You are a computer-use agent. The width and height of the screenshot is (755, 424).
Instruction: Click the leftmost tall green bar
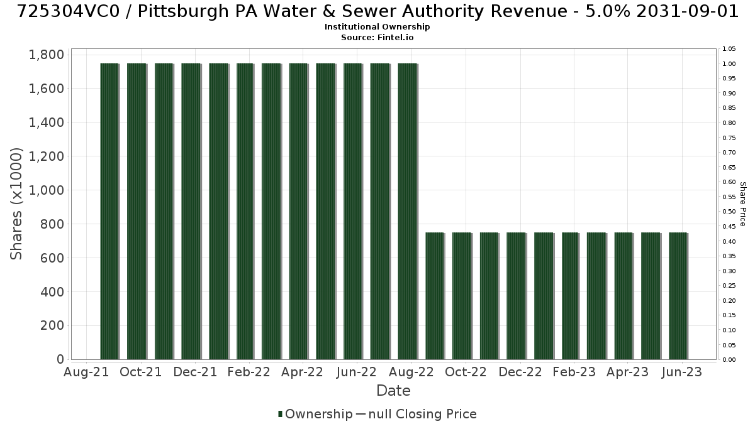109,211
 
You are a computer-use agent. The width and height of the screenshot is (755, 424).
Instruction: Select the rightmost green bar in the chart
678,296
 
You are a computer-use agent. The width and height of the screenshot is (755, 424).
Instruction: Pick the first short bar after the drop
435,296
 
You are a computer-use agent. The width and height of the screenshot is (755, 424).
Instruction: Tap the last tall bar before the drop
407,211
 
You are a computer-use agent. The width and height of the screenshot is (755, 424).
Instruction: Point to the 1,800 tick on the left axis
47,55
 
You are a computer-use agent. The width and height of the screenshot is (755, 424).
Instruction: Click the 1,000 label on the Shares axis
47,190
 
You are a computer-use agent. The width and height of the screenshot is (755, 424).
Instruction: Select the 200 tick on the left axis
52,326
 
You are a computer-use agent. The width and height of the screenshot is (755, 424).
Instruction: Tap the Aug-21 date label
86,372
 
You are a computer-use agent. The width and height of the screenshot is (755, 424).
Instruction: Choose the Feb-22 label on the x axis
249,372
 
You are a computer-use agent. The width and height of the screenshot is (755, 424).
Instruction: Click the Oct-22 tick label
466,372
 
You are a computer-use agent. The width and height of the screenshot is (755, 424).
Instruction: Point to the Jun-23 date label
682,372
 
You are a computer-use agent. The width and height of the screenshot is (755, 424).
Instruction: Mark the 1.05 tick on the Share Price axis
729,49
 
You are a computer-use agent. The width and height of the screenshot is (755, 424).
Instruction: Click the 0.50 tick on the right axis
729,212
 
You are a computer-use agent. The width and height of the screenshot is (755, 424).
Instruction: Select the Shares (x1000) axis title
16,204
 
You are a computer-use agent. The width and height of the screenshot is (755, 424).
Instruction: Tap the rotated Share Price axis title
743,204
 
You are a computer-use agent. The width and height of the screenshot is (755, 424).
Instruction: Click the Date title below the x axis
393,391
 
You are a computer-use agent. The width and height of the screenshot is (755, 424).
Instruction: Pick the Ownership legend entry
315,414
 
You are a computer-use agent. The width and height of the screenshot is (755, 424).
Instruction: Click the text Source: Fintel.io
377,37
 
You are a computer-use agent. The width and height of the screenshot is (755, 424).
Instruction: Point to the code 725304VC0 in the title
69,11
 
